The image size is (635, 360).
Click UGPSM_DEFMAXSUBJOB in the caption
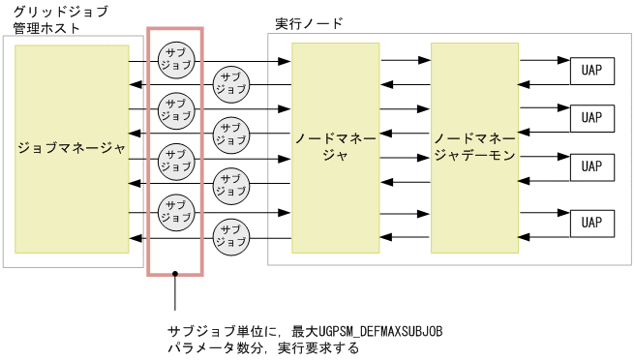point(379,331)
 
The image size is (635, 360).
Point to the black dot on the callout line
point(175,278)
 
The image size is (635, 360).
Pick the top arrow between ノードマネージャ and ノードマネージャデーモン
point(406,61)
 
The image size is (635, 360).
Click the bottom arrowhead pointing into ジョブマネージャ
point(136,238)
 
